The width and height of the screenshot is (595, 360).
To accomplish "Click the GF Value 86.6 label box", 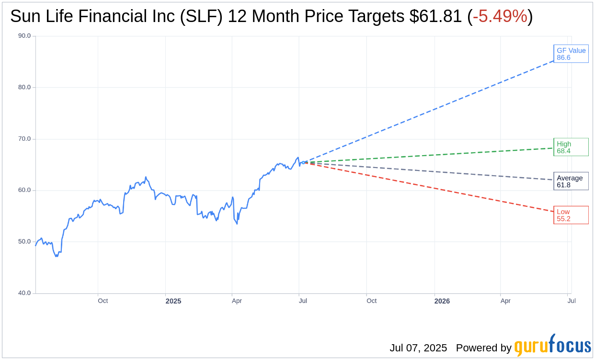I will [x=571, y=54].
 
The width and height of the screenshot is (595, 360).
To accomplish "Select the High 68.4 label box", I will [x=571, y=147].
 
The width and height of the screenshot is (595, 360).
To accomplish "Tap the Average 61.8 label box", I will [x=571, y=181].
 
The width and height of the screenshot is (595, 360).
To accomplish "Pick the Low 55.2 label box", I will [x=571, y=215].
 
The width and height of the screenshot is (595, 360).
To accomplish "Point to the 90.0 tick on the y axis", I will [x=24, y=36].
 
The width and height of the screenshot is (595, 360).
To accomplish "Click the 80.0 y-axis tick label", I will [x=24, y=87].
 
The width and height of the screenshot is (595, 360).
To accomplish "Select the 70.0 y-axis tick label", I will [x=24, y=139].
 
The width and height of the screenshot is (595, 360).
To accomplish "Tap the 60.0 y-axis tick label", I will [x=24, y=190].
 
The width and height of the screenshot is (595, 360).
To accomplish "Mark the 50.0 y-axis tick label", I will [x=24, y=242].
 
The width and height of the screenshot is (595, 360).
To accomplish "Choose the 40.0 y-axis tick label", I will [x=24, y=293].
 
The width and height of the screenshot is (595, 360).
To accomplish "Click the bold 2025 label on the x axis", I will [x=173, y=301].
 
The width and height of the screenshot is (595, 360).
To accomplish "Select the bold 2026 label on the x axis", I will [x=442, y=301].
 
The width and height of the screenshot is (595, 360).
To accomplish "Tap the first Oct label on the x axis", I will [x=103, y=301].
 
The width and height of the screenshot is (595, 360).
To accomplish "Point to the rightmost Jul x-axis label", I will [x=572, y=301].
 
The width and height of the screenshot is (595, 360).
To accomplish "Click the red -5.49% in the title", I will [x=500, y=16].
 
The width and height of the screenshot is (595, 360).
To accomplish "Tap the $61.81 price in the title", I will [x=435, y=16].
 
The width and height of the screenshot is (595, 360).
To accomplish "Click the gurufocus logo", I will [x=552, y=346].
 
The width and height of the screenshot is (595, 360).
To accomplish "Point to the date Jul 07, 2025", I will [x=418, y=348].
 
